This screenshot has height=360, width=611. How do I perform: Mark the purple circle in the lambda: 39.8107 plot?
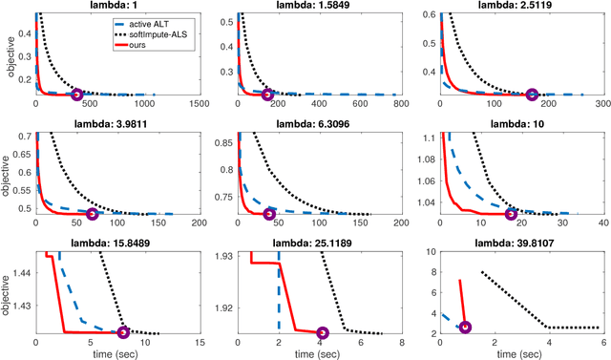click(465, 328)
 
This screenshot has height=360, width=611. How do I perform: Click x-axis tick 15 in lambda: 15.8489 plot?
click(199, 344)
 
